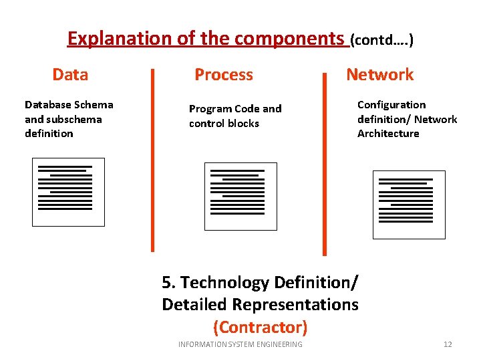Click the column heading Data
pos(70,74)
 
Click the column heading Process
pos(223,74)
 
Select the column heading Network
pos(379,74)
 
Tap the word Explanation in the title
pos(120,39)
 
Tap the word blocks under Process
pos(243,123)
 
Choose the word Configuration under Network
pos(391,104)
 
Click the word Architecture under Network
pos(388,133)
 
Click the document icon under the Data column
pos(69,192)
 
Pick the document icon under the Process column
pos(240,197)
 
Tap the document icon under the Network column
pos(409,205)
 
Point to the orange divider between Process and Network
pos(325,164)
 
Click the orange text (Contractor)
pos(260,327)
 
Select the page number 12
pos(448,344)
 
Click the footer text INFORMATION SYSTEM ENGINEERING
pos(240,344)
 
